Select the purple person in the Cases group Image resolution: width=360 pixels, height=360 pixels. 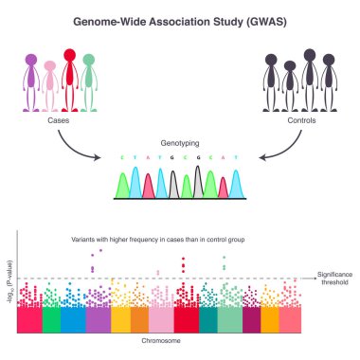(30, 83)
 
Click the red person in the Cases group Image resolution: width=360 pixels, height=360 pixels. (69, 81)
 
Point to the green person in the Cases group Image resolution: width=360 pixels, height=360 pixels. (89, 83)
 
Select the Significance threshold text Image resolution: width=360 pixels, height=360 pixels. (335, 276)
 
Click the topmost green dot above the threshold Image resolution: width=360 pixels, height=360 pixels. (225, 257)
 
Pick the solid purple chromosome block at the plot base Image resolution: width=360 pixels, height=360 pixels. (98, 320)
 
